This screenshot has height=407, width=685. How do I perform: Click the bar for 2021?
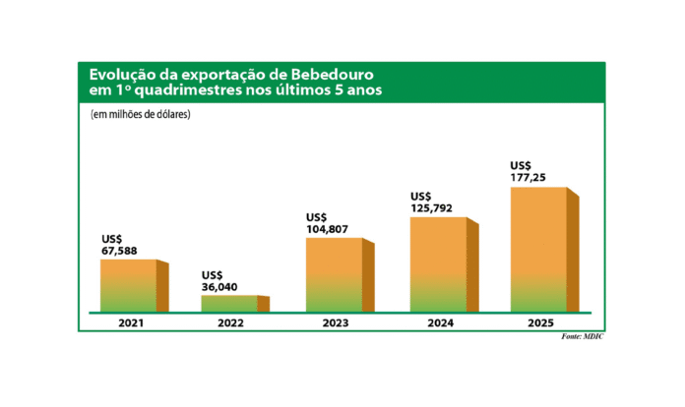(x=129, y=285)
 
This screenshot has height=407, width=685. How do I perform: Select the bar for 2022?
(x=229, y=303)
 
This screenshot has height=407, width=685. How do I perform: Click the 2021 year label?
(x=128, y=321)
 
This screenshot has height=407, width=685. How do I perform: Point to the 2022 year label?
(x=230, y=321)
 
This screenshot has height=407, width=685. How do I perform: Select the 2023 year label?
(x=335, y=321)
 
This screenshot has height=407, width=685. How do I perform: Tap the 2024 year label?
(x=438, y=321)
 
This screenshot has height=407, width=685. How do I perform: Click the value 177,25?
(x=531, y=177)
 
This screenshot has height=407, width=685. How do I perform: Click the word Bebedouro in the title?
(x=327, y=75)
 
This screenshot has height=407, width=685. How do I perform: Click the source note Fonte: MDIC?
(x=583, y=337)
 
